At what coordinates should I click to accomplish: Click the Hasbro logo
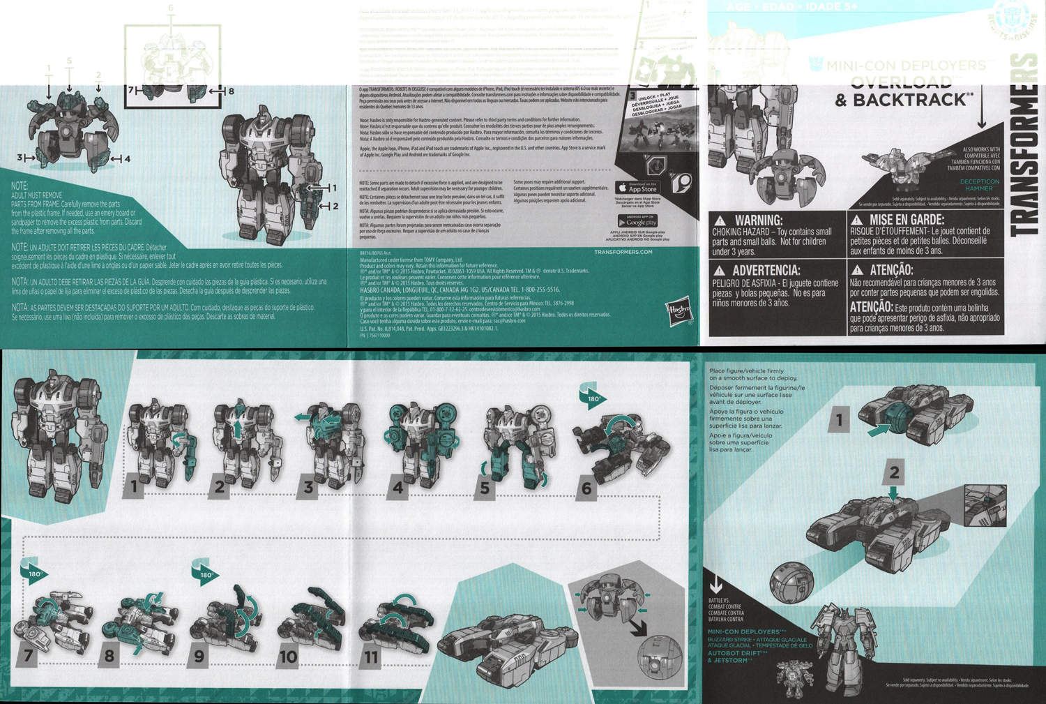coord(679,312)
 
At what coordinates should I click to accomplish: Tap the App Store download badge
coord(637,188)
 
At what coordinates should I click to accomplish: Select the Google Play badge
coord(637,222)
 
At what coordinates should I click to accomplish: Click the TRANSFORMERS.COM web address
coord(623,252)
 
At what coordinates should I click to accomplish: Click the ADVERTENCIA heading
coord(757,270)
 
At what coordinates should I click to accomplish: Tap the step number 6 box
coord(586,488)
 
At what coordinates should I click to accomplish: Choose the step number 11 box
coord(371,657)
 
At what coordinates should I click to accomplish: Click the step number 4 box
coord(397,487)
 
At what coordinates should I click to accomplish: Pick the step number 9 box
coord(199,657)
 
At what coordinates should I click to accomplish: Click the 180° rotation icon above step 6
coord(592,397)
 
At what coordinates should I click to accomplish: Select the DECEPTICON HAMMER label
coord(979,185)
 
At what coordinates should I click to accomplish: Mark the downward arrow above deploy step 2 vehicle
coord(893,493)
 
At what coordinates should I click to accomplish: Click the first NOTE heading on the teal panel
coord(20,186)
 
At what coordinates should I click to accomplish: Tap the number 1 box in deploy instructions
coord(839,420)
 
